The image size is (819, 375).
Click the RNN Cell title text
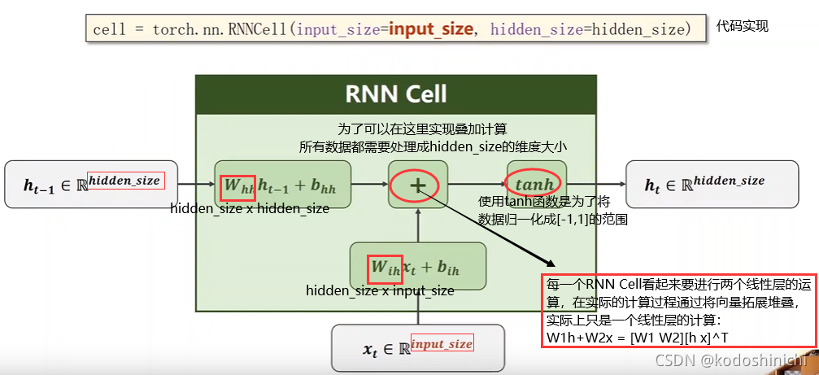(x=396, y=94)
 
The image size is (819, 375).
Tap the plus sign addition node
(x=418, y=185)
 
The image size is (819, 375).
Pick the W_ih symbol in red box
(x=385, y=266)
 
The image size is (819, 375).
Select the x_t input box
(x=417, y=348)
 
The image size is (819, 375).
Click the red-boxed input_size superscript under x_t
(x=442, y=343)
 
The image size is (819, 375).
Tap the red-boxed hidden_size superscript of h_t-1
(x=124, y=180)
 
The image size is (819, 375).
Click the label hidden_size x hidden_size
(x=250, y=209)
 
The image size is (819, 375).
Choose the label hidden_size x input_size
(x=380, y=290)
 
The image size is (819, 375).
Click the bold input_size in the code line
(x=430, y=28)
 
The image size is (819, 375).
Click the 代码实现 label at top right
(x=742, y=26)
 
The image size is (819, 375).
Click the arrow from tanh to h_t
(x=595, y=185)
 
